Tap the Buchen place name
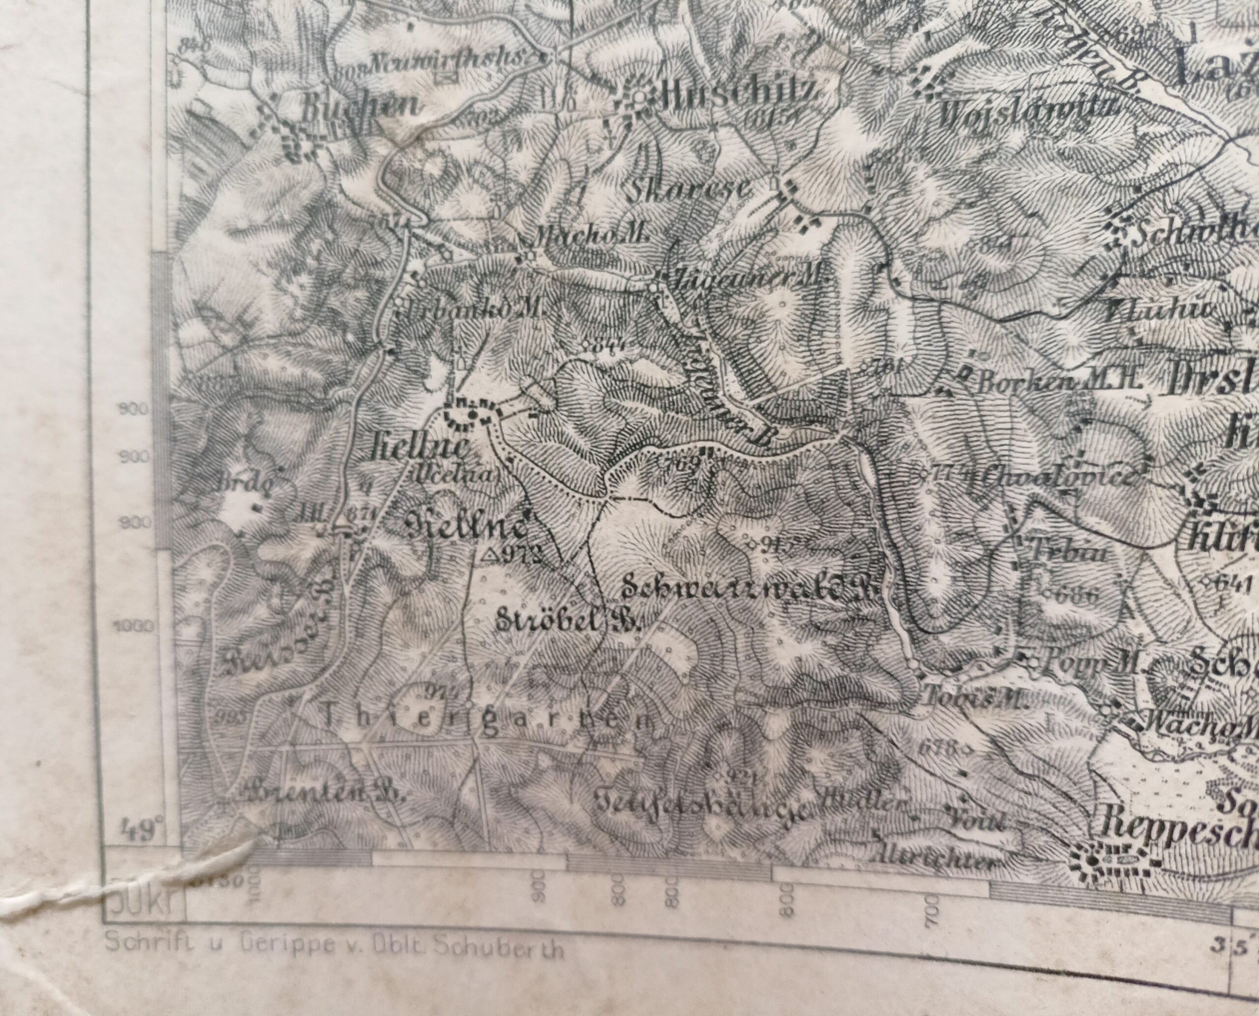[360, 106]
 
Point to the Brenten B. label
[322, 793]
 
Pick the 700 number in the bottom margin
[932, 908]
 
